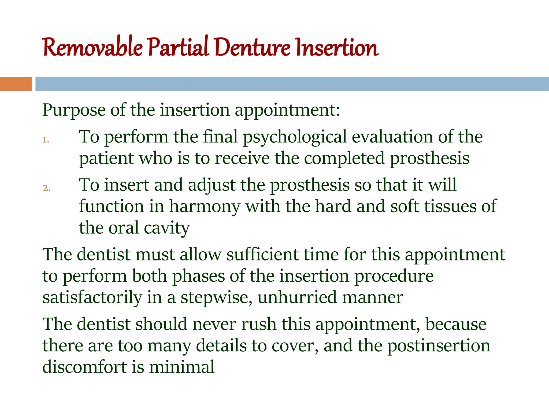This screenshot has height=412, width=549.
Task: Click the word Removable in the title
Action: point(92,48)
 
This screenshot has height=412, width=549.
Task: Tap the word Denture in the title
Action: point(252,48)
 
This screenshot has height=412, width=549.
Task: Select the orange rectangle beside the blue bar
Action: point(16,84)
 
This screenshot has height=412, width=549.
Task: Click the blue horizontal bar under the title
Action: point(292,84)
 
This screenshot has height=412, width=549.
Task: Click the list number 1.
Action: point(46,140)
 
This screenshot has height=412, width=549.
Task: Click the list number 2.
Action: point(46,188)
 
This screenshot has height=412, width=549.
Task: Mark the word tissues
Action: point(450,207)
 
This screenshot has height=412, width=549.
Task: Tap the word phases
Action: point(198,276)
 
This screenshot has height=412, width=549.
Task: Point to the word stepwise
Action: point(216,298)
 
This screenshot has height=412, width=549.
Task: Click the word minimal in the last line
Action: point(181,367)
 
